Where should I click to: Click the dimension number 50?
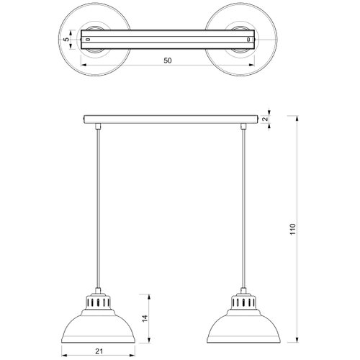[168, 60]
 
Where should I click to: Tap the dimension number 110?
[293, 229]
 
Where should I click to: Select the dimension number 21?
[99, 351]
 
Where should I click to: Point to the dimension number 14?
[145, 318]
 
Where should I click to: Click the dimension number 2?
[265, 119]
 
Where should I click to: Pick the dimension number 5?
[67, 40]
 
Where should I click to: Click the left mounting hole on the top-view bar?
[88, 40]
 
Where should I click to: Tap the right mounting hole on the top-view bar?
[248, 40]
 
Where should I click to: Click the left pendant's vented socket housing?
[98, 302]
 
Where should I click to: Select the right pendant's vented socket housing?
[243, 302]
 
